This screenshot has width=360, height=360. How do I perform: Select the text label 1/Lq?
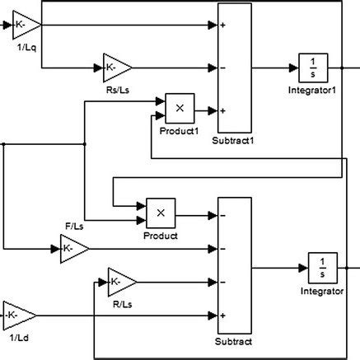pos(22,48)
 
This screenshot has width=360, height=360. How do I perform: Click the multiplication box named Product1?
pos(180,106)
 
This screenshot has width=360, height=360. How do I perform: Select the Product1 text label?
pos(177,129)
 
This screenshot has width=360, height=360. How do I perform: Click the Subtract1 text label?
pos(236,141)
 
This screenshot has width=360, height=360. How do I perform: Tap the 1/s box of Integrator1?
pos(313,67)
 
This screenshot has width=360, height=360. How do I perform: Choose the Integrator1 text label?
pos(313,89)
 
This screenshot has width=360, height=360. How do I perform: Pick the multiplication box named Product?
pos(161,213)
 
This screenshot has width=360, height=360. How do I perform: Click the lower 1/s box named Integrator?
pos(324,267)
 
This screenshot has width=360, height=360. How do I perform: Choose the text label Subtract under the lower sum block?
pos(233,341)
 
